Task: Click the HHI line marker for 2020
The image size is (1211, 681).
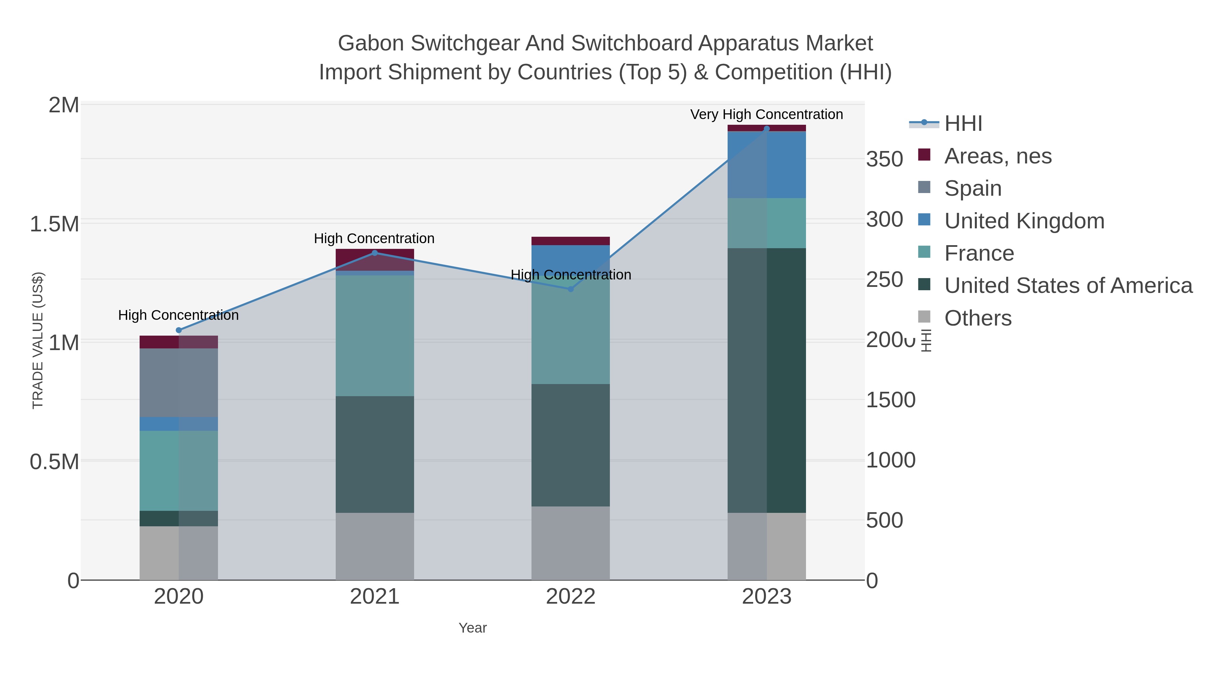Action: pos(179,330)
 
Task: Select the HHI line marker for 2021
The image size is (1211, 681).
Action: pos(375,253)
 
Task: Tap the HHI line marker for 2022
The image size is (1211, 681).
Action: pos(571,289)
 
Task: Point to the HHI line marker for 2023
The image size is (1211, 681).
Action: pos(767,128)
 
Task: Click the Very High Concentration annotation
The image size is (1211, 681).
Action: pos(766,114)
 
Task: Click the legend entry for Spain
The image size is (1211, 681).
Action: pos(973,188)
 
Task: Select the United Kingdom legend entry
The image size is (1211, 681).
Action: pos(1024,221)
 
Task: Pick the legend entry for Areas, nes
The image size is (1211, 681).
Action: pos(998,156)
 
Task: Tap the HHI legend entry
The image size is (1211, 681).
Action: pos(963,124)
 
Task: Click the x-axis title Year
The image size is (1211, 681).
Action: pos(473,628)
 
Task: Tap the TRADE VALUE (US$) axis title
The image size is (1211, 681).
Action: pos(38,340)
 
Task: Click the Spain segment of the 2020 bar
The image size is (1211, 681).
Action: pos(179,383)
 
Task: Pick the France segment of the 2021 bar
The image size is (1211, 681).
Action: pos(375,336)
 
